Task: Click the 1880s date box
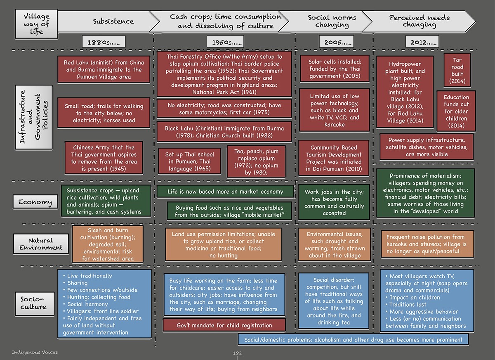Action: tap(104, 42)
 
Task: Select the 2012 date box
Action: tap(422, 42)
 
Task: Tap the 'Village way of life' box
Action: tap(36, 24)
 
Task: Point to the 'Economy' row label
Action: tap(35, 202)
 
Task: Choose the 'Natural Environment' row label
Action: tap(41, 244)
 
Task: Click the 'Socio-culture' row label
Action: tap(35, 303)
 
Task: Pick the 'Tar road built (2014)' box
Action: tap(457, 70)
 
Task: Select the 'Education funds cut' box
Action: tap(456, 111)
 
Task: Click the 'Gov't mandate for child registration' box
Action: tap(224, 325)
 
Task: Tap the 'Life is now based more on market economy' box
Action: tap(225, 191)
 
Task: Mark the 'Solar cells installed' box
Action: tap(335, 69)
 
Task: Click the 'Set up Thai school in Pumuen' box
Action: tap(190, 161)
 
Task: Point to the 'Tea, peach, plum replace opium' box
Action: tap(256, 162)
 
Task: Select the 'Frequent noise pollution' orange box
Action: tap(427, 244)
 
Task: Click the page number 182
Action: tap(237, 353)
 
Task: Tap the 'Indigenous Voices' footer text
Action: tap(35, 352)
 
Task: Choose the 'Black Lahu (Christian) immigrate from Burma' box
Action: tap(224, 132)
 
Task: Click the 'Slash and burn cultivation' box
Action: tap(108, 244)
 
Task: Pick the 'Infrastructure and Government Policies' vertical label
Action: tap(33, 117)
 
